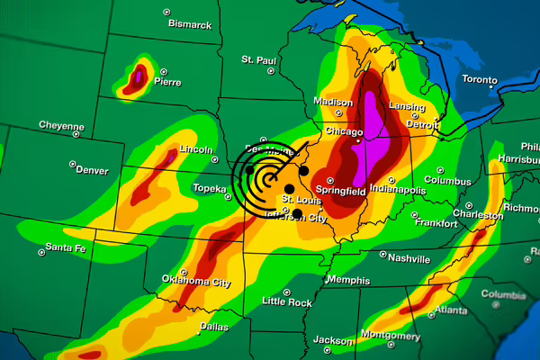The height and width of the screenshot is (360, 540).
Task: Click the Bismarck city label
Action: pos(190,24)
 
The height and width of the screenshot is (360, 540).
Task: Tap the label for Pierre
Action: pos(167,81)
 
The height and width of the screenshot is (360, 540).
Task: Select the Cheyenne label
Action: pos(61,125)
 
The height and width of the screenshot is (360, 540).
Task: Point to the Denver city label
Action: pos(92,169)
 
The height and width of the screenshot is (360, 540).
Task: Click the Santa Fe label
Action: pos(66,247)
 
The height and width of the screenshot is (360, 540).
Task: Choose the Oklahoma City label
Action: pos(196,282)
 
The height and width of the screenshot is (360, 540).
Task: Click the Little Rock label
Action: pos(286,302)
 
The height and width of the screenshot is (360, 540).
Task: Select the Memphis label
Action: pos(347,280)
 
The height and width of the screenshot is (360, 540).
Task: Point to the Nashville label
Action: pos(409,257)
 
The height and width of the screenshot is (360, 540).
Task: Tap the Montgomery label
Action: pos(390,336)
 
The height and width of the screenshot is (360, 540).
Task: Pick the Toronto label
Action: pos(479,79)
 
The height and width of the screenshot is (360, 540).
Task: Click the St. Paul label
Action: pos(258,59)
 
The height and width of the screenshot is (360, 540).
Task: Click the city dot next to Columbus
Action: pos(440,169)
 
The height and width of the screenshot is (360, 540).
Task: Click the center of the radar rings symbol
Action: pos(271,176)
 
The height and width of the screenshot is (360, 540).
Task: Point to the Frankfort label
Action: pos(437,222)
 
